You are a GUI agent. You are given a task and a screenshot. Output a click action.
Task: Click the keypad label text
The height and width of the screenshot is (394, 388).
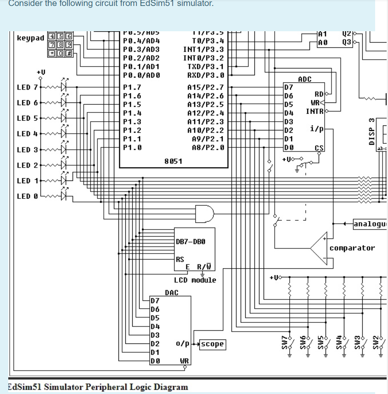pyautogui.click(x=30, y=38)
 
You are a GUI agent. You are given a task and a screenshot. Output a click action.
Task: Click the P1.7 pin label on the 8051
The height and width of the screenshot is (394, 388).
pyautogui.click(x=132, y=87)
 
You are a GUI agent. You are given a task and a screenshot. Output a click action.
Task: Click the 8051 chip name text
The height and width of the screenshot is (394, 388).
pyautogui.click(x=173, y=161)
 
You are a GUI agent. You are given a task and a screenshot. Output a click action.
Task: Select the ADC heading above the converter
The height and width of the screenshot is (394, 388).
pyautogui.click(x=304, y=79)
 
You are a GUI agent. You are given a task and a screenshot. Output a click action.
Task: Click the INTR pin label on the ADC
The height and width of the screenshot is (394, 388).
pyautogui.click(x=315, y=112)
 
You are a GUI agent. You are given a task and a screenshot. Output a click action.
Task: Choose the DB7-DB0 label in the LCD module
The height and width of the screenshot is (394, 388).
pyautogui.click(x=190, y=241)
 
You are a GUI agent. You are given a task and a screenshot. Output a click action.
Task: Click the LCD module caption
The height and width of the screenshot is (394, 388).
pyautogui.click(x=195, y=280)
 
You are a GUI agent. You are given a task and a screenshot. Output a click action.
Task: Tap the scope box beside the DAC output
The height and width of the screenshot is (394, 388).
pyautogui.click(x=213, y=343)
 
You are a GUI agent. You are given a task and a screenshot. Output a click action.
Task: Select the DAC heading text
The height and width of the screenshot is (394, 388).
pyautogui.click(x=171, y=292)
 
